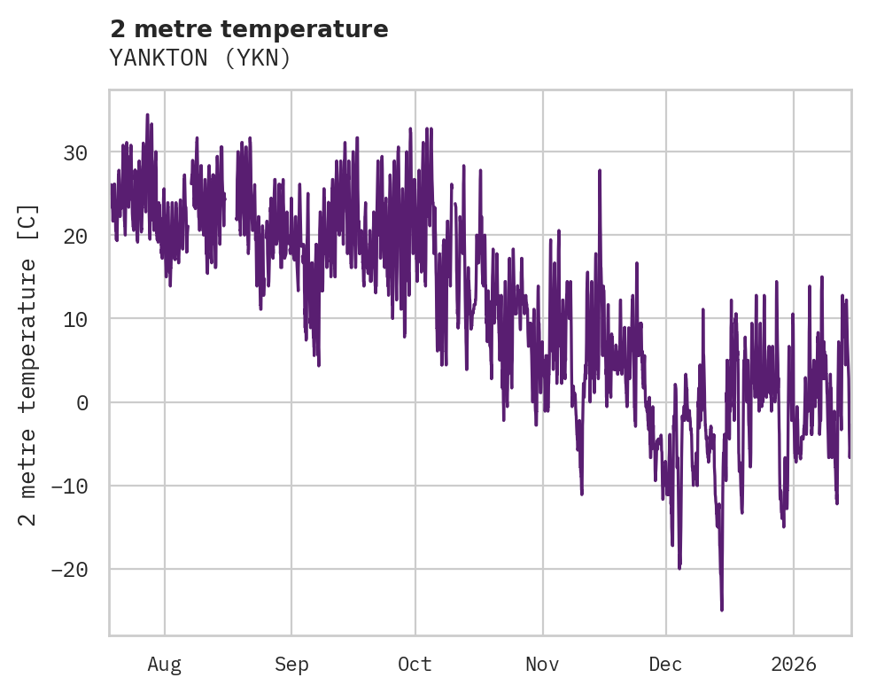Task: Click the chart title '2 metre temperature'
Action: click(x=249, y=29)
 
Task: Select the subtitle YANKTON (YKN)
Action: click(x=200, y=58)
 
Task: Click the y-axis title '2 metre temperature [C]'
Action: click(x=28, y=364)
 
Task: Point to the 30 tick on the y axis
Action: click(x=75, y=152)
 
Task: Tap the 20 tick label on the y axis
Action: click(x=75, y=236)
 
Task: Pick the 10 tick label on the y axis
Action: click(x=75, y=319)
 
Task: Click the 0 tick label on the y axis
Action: click(x=81, y=402)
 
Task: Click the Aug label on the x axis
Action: click(x=165, y=664)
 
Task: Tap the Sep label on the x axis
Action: click(x=291, y=664)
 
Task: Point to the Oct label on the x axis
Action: click(x=415, y=664)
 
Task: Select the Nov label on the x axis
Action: click(x=542, y=664)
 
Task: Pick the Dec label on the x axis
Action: click(x=665, y=664)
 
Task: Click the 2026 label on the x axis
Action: click(x=794, y=664)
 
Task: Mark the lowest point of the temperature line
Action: click(x=722, y=610)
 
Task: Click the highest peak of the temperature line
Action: click(x=147, y=114)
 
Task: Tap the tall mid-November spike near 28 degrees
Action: click(x=600, y=169)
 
